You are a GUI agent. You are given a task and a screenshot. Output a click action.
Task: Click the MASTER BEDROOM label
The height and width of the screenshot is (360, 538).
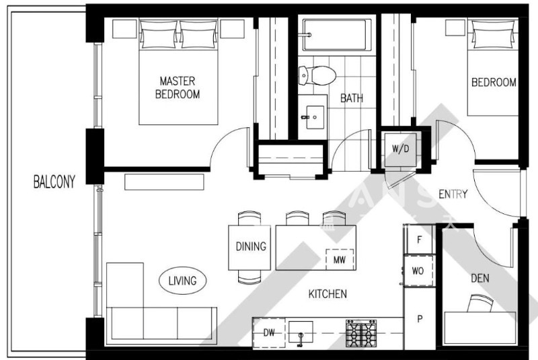pyautogui.click(x=178, y=87)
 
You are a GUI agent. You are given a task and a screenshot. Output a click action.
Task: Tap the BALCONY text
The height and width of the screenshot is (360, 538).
pyautogui.click(x=54, y=181)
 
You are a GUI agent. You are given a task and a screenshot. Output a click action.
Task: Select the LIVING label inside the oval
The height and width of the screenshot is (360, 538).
pyautogui.click(x=182, y=281)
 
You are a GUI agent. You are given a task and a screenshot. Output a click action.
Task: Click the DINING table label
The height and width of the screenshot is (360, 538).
pyautogui.click(x=250, y=246)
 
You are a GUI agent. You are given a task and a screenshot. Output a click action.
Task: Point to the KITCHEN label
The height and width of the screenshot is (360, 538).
pyautogui.click(x=328, y=294)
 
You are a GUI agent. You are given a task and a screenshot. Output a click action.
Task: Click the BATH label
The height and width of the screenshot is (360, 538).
pyautogui.click(x=351, y=98)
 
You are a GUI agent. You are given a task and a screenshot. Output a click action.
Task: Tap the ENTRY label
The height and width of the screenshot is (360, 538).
pyautogui.click(x=453, y=194)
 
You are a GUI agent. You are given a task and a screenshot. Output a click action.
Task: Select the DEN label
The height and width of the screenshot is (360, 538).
pyautogui.click(x=480, y=278)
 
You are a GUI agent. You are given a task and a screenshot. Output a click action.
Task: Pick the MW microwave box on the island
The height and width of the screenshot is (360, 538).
pyautogui.click(x=338, y=260)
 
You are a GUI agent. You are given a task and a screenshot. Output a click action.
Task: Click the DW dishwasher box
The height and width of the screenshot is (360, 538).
pyautogui.click(x=268, y=332)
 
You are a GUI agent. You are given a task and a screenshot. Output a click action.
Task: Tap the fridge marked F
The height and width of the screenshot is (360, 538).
pyautogui.click(x=420, y=239)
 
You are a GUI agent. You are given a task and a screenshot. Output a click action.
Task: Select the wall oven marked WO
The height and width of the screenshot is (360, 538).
pyautogui.click(x=418, y=271)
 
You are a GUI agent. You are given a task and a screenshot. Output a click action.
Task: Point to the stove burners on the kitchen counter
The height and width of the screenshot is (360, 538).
pyautogui.click(x=360, y=333)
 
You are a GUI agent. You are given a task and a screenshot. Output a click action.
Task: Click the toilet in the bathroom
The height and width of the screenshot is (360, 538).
pyautogui.click(x=316, y=75)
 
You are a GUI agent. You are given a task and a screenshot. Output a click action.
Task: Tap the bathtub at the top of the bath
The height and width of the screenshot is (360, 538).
pyautogui.click(x=337, y=34)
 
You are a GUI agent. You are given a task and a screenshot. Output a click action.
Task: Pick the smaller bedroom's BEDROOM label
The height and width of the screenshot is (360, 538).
pyautogui.click(x=494, y=83)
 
